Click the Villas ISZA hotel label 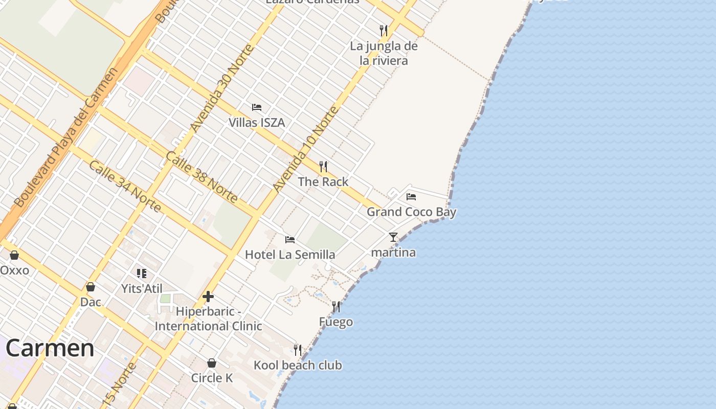click(256, 123)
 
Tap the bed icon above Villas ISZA click(257, 107)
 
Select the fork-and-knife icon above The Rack click(323, 167)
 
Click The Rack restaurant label click(323, 181)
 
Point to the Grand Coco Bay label click(411, 212)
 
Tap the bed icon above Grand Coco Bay click(411, 196)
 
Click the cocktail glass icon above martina click(393, 237)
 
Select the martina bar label click(393, 253)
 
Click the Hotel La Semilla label click(290, 255)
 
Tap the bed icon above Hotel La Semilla click(290, 239)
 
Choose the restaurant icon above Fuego click(336, 307)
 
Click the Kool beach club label click(298, 366)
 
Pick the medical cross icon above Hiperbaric click(208, 297)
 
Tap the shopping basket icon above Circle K click(212, 363)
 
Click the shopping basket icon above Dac click(91, 287)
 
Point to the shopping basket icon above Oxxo click(14, 255)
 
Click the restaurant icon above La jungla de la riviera click(384, 31)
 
